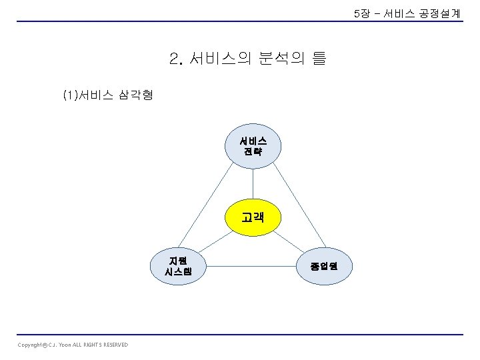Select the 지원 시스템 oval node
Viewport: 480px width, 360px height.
pos(179,266)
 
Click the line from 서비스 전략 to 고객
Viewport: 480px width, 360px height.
pos(253,183)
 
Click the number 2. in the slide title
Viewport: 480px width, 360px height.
pos(176,59)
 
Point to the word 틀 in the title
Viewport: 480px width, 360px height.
pos(319,59)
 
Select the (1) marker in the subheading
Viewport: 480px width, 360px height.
pos(69,95)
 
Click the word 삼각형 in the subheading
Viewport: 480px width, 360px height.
pos(137,95)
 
